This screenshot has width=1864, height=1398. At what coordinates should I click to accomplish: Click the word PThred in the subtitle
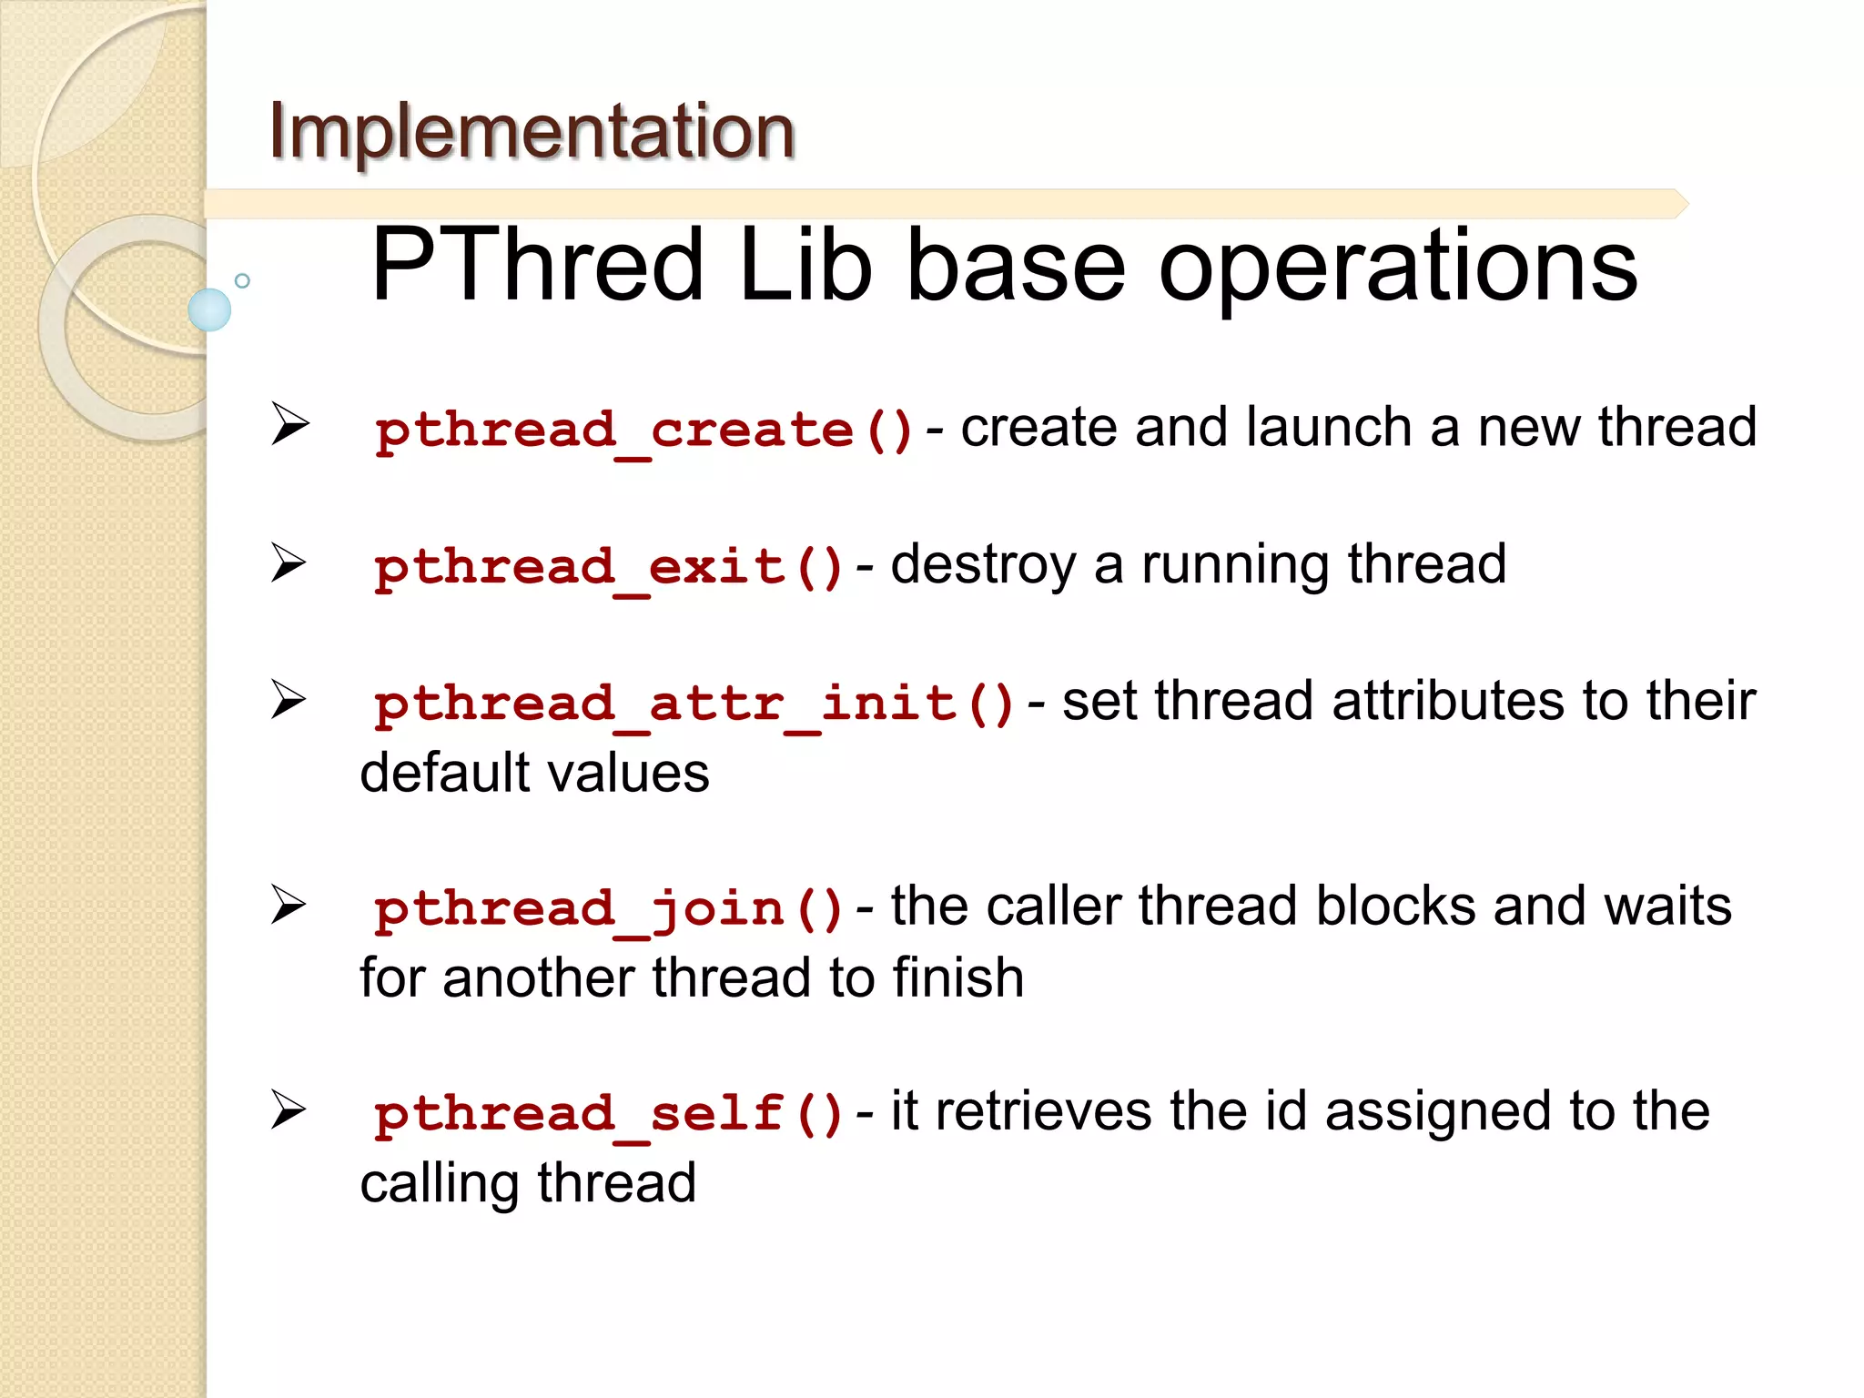[537, 266]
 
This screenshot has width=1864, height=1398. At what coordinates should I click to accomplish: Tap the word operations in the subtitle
[1397, 266]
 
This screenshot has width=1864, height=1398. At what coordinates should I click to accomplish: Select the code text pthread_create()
[644, 430]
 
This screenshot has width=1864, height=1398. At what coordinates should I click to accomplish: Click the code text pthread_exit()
[609, 567]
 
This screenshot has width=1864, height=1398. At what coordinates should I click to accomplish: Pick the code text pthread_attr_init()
[694, 704]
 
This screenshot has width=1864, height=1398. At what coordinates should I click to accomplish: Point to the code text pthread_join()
[609, 908]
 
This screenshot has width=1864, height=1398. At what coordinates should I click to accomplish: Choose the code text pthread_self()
[609, 1113]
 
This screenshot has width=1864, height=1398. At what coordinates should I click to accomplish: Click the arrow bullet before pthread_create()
[289, 424]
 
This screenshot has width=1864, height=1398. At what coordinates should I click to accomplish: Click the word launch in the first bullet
[1328, 427]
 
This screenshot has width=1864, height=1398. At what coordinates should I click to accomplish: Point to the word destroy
[983, 564]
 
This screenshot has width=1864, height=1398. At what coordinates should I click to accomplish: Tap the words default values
[534, 773]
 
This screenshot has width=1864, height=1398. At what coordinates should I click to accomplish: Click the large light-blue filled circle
[209, 309]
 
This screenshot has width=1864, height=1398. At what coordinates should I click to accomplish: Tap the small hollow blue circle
[242, 280]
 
